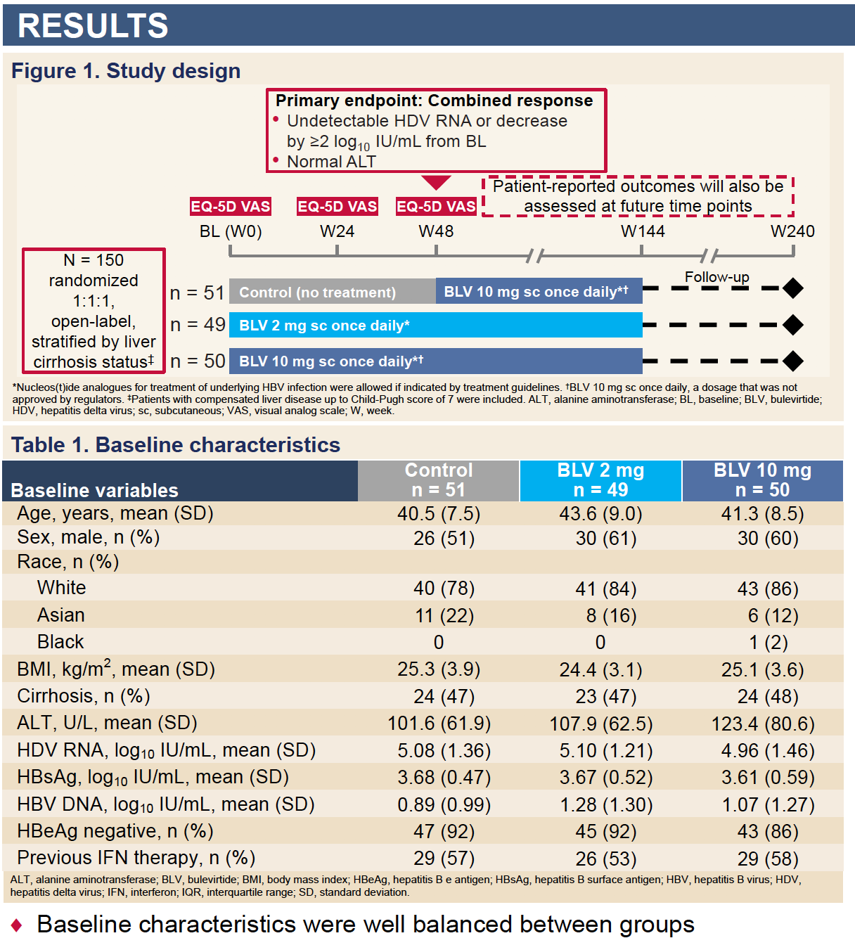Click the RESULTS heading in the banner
point(93,26)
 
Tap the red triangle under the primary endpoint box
point(436,183)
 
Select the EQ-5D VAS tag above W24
point(337,207)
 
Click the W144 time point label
point(643,231)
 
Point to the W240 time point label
point(792,231)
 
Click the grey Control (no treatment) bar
point(332,292)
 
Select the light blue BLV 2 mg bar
point(436,326)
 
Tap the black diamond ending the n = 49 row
point(793,325)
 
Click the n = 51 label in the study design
point(197,293)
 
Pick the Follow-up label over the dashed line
point(716,277)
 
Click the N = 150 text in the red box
point(94,260)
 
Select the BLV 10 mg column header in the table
point(762,480)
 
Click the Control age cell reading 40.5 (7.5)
point(439,514)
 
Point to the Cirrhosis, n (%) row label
point(84,696)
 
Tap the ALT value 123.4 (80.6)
point(763,724)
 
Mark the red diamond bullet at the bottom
point(17,925)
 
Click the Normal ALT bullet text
point(331,162)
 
